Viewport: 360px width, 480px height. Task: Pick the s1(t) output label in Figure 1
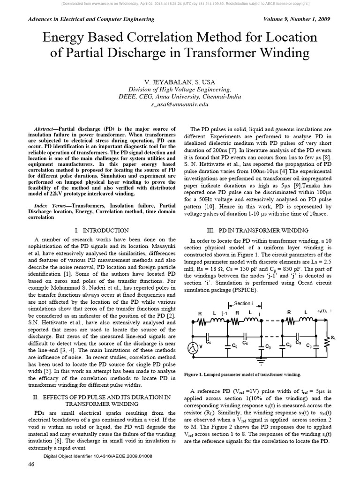(323, 311)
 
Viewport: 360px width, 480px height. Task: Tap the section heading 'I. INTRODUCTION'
(102, 230)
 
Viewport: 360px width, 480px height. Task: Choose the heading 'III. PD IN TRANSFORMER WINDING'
(257, 230)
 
